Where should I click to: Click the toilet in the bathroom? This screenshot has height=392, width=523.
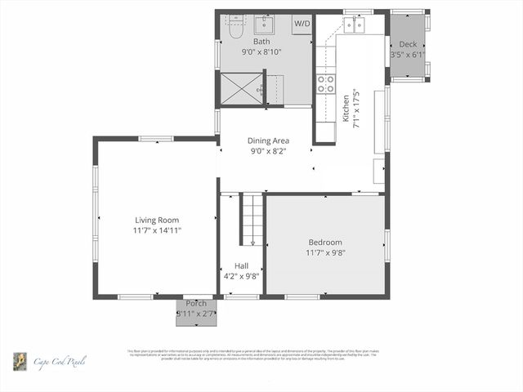tap(235, 28)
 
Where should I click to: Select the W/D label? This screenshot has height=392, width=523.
tap(302, 24)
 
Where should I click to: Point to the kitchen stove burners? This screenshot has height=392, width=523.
tap(325, 82)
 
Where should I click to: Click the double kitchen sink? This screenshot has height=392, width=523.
tap(354, 24)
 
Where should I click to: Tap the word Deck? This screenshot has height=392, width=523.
tap(408, 44)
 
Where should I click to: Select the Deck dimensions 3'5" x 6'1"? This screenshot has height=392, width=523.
tap(408, 55)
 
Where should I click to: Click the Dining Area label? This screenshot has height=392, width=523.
tap(268, 140)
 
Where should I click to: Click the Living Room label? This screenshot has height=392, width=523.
tap(157, 220)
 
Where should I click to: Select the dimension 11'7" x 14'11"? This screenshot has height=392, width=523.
tap(157, 230)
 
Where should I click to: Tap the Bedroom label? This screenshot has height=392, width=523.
tap(325, 242)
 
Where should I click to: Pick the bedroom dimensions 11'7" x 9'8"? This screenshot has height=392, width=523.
tap(325, 252)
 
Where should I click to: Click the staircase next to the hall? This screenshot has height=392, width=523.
tap(252, 219)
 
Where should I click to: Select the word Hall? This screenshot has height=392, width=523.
tap(241, 265)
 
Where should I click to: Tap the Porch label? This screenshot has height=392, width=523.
tap(195, 304)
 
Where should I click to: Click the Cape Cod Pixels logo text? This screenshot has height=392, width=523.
tap(60, 361)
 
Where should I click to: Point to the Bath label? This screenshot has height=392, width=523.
tap(261, 41)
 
